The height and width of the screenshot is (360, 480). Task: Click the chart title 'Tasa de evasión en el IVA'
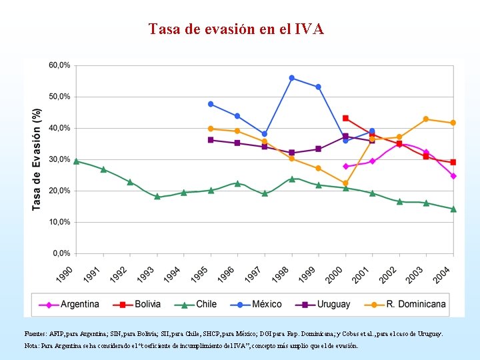[x=236, y=29]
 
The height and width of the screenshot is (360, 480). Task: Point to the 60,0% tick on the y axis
[x=59, y=65]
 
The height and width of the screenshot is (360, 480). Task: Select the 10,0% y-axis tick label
[x=59, y=222]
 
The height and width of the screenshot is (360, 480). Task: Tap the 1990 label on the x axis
[x=65, y=274]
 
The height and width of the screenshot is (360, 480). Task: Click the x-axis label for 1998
[x=281, y=274]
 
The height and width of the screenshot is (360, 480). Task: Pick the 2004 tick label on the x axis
[x=442, y=274]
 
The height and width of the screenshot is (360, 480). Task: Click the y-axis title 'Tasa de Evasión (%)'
[x=37, y=159]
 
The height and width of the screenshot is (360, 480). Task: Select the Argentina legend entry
[x=69, y=304]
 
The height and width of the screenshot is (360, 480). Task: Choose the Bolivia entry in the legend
[x=137, y=304]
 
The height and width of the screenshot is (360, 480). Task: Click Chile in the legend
[x=195, y=304]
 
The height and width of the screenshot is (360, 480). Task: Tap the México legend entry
[x=256, y=304]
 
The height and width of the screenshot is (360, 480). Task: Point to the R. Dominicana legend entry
[x=405, y=304]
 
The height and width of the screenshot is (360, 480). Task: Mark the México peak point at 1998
[x=292, y=78]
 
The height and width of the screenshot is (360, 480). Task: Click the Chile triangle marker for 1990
[x=77, y=161]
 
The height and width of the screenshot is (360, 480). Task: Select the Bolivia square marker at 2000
[x=345, y=118]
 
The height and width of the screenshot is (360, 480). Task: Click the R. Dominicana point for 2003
[x=426, y=119]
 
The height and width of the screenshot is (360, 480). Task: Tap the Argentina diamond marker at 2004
[x=453, y=176]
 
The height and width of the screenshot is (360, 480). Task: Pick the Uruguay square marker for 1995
[x=211, y=140]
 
